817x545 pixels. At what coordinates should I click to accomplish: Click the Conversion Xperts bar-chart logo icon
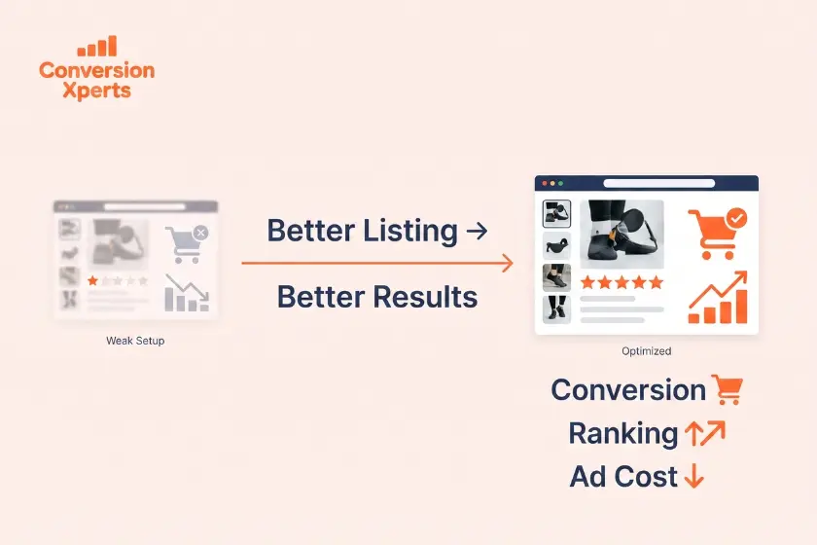click(97, 46)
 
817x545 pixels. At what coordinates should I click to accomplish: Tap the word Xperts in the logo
click(97, 91)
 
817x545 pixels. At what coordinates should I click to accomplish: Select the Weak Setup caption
click(135, 341)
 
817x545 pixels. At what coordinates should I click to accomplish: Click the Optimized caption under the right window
click(646, 351)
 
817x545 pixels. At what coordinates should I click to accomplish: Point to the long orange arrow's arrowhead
click(508, 263)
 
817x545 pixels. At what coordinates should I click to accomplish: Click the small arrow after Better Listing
click(477, 231)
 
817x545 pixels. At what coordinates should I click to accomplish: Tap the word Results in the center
click(426, 297)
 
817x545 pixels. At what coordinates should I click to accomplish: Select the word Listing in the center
click(410, 231)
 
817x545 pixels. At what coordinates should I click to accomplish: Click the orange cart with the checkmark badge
click(717, 234)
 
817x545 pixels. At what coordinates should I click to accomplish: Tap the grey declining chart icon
click(187, 293)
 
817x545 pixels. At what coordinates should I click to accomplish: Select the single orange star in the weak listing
click(92, 280)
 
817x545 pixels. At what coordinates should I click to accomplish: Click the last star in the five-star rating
click(656, 282)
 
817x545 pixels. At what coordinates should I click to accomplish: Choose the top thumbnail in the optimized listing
click(556, 214)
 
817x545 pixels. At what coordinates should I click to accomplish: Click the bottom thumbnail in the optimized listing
click(556, 309)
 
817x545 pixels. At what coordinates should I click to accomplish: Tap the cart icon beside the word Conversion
click(728, 389)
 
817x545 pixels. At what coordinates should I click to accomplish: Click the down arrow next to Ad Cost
click(693, 476)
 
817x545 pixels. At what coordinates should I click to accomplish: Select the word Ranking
click(623, 434)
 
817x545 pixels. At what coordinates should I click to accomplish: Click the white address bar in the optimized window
click(659, 183)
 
